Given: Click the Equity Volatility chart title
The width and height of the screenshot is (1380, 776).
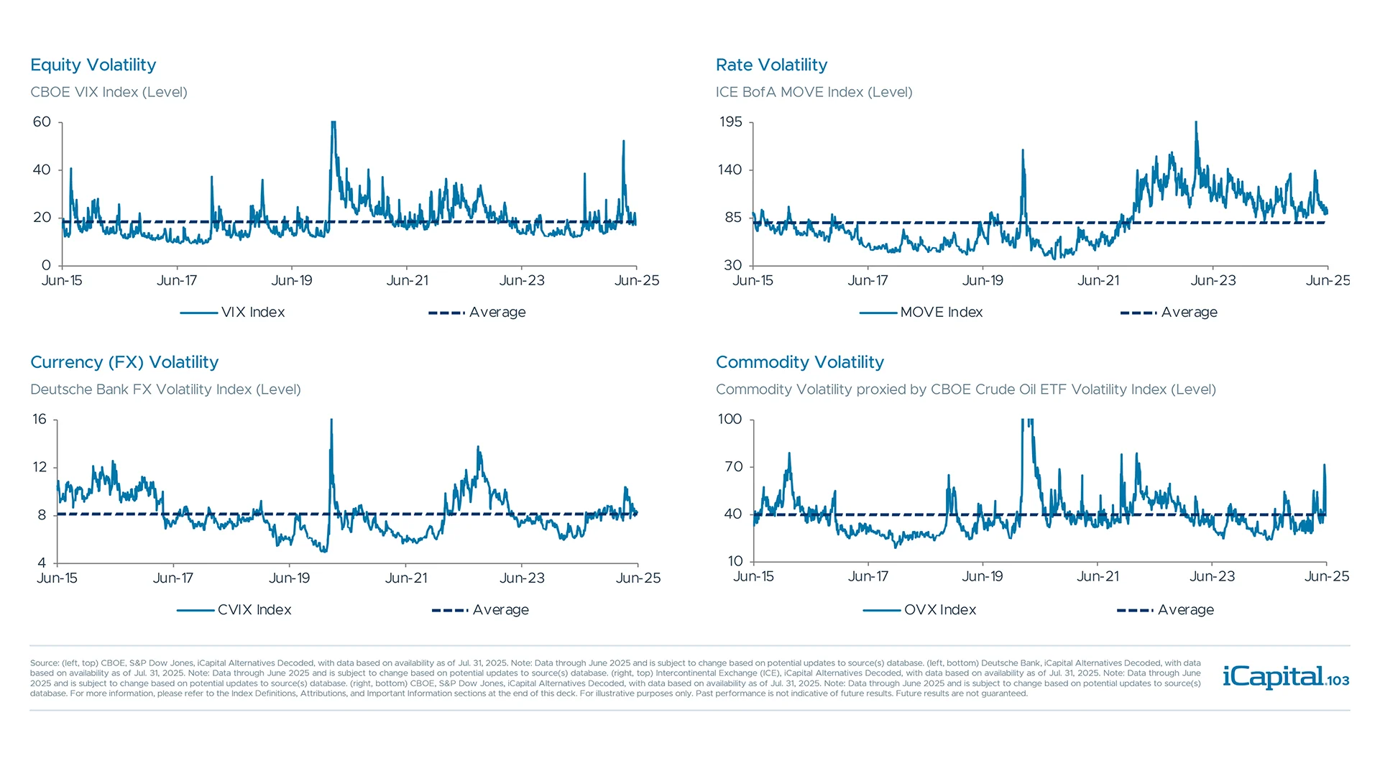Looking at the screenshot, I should point(93,65).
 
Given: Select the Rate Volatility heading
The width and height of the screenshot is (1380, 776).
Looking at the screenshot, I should point(771,65).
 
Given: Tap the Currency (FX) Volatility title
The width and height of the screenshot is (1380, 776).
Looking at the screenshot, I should point(124,362).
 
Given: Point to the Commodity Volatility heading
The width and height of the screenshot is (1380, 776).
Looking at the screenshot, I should point(799,362).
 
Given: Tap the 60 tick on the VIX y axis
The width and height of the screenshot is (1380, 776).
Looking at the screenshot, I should point(42,122).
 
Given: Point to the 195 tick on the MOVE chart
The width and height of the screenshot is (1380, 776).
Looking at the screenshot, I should point(730,122).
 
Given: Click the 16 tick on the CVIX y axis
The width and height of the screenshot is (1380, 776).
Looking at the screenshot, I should point(40,420).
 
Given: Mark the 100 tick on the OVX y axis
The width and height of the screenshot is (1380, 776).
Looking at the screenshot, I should point(730,420).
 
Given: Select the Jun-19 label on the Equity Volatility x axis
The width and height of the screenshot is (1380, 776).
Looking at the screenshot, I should point(291,281).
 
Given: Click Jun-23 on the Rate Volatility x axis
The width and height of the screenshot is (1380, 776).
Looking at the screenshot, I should point(1213,281).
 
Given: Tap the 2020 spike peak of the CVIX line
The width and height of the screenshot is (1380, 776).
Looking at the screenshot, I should point(331,421).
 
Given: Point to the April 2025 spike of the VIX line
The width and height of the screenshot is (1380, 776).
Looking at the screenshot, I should point(623,142).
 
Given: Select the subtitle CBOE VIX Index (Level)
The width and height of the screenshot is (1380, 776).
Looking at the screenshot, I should point(109,92).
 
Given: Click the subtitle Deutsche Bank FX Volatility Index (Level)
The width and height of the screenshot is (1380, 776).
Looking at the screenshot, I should point(165,389).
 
